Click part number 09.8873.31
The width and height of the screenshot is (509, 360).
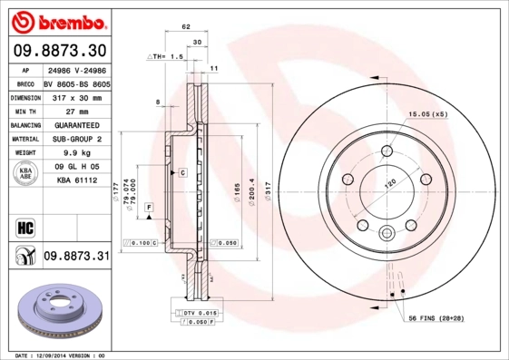click(x=76, y=258)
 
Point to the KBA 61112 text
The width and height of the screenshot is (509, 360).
click(x=76, y=181)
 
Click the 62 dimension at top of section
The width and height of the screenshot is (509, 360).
click(x=186, y=28)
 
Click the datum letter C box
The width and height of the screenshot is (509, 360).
click(x=181, y=172)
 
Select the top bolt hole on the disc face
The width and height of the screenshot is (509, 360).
click(x=387, y=151)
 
